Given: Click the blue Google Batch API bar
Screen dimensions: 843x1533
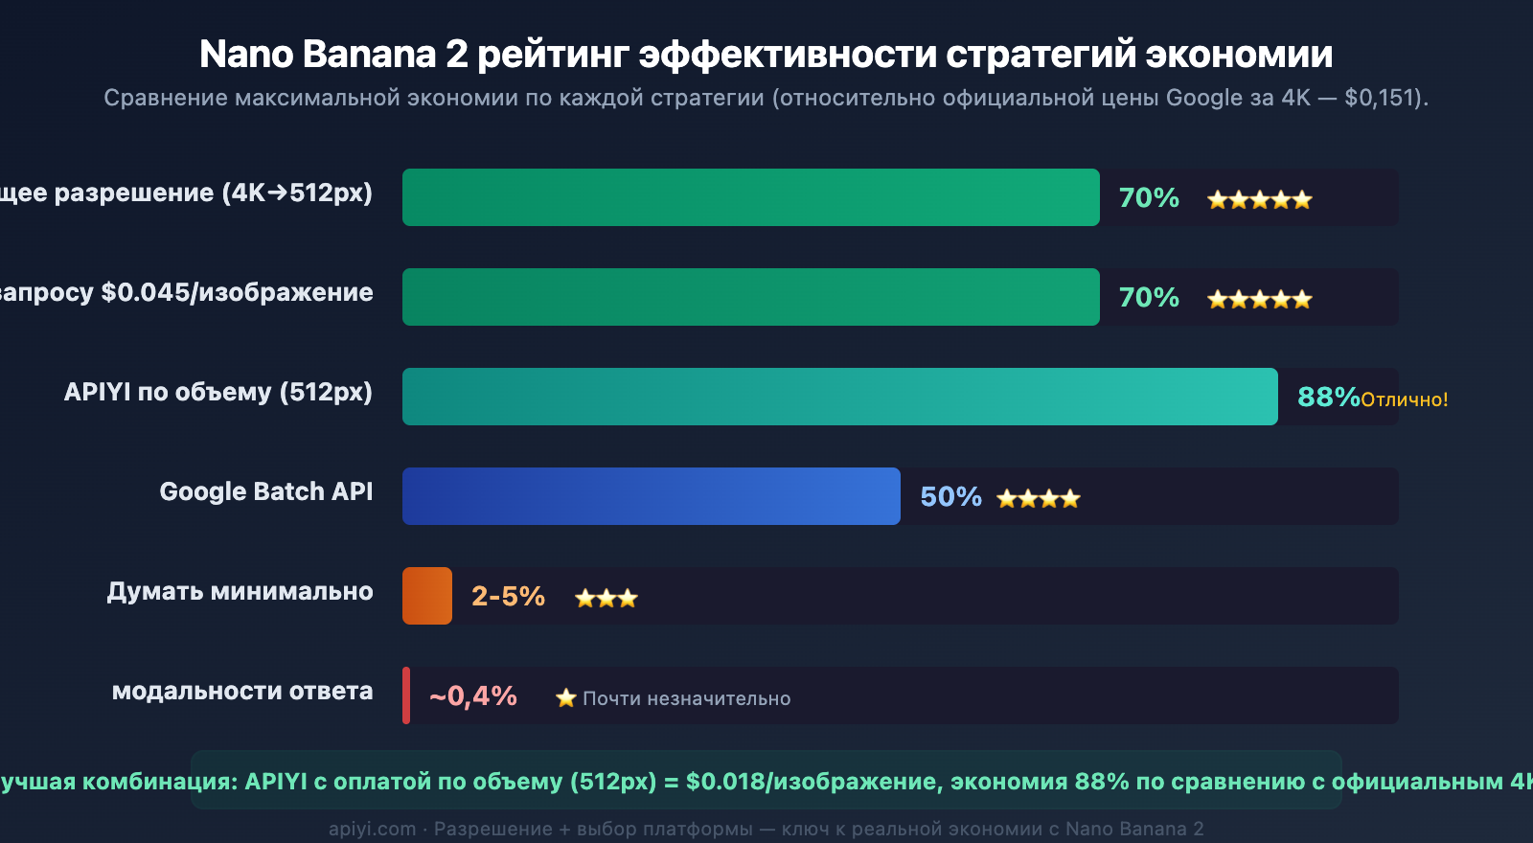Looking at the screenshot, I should [652, 496].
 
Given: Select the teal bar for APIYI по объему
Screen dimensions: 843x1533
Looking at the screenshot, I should [839, 397].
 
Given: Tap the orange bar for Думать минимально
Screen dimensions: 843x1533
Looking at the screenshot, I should [427, 596].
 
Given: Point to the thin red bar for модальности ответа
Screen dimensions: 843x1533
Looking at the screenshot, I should [406, 695].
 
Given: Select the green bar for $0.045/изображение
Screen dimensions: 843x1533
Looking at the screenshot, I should [750, 297].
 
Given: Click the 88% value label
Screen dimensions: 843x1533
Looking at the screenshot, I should [1328, 397].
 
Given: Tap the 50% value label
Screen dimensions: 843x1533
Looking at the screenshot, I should [950, 496].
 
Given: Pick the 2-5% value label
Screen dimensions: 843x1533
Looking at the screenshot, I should [508, 596].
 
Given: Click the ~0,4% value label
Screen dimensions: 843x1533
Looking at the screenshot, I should [473, 695].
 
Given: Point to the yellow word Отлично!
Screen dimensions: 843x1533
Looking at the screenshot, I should [1405, 399].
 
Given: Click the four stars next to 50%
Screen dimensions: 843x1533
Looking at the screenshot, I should [1039, 498].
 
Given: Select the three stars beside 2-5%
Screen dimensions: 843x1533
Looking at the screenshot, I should [606, 599].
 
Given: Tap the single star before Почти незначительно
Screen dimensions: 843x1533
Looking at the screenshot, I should [566, 698].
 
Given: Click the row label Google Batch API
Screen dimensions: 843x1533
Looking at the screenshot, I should [265, 491].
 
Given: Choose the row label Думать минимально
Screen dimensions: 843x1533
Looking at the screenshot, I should [240, 591].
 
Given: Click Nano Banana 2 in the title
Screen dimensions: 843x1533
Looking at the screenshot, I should [333, 55].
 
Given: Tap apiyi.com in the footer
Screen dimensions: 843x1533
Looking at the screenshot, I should [373, 829].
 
